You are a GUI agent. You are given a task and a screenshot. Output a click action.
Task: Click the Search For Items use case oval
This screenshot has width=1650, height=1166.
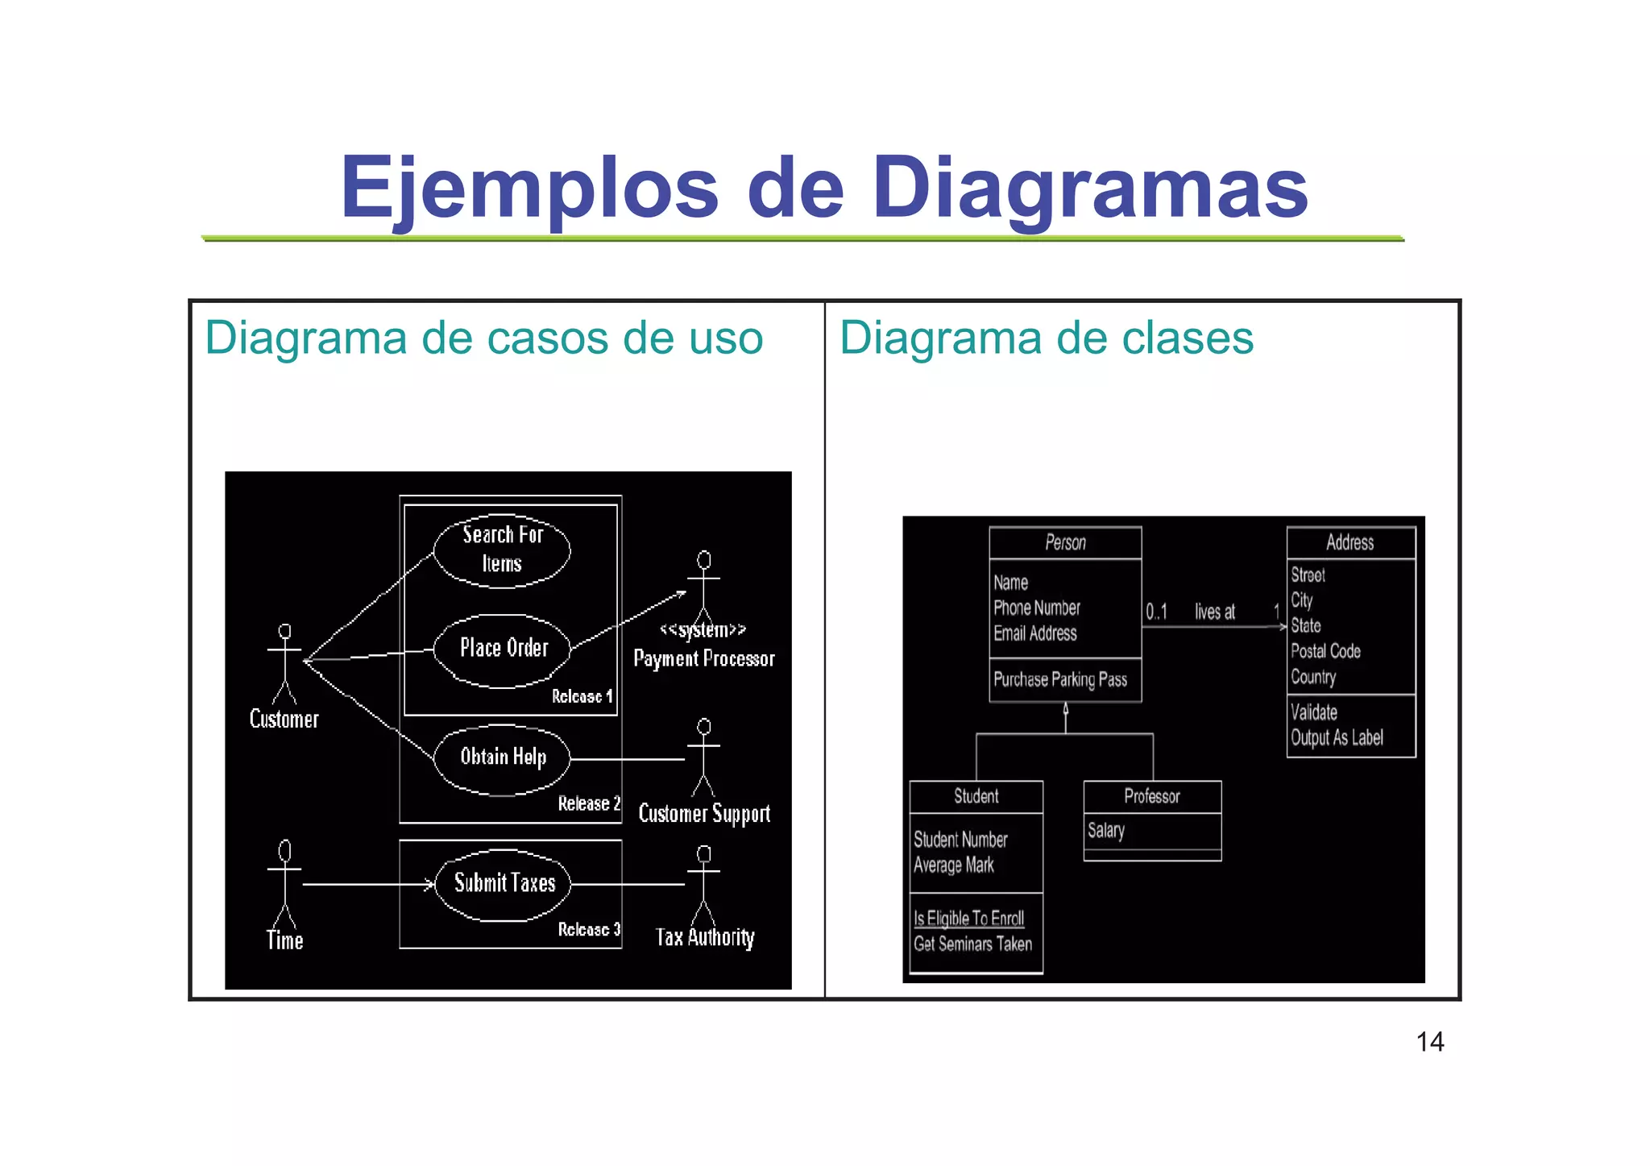(x=502, y=550)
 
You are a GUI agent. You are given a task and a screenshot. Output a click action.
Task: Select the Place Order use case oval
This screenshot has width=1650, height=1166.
(x=502, y=649)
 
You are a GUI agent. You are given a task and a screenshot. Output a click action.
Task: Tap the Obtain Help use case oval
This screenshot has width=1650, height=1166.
(x=502, y=758)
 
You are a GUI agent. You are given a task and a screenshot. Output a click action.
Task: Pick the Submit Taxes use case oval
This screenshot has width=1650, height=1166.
(x=504, y=884)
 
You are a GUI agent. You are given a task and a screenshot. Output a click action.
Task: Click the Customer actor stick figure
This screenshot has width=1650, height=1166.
(x=284, y=664)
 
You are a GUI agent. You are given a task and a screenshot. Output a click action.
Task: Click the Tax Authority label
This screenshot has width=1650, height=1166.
(x=705, y=937)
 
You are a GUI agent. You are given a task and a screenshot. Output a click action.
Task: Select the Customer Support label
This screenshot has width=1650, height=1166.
(x=704, y=814)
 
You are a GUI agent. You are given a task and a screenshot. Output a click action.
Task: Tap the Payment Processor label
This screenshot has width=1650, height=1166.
(x=704, y=659)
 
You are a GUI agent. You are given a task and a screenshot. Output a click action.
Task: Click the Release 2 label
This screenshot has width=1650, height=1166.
(x=589, y=803)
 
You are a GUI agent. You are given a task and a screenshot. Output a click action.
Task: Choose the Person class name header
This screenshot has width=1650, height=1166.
(x=1065, y=543)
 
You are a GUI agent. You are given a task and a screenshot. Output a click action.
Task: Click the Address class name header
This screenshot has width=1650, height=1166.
(x=1350, y=543)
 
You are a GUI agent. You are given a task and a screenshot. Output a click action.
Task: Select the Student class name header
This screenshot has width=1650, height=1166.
(x=976, y=797)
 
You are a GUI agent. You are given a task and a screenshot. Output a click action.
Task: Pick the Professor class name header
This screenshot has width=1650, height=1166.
(x=1152, y=797)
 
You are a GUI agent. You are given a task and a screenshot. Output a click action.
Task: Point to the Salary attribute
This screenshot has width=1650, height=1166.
(x=1106, y=831)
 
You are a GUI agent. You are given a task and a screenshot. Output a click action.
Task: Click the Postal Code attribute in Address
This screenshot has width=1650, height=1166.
(x=1325, y=651)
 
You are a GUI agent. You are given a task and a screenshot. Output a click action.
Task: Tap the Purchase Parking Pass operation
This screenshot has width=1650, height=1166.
(x=1060, y=680)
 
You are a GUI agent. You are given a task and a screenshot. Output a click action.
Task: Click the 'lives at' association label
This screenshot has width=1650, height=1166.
(x=1215, y=612)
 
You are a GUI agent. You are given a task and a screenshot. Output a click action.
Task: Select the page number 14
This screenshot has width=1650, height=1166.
(x=1430, y=1043)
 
